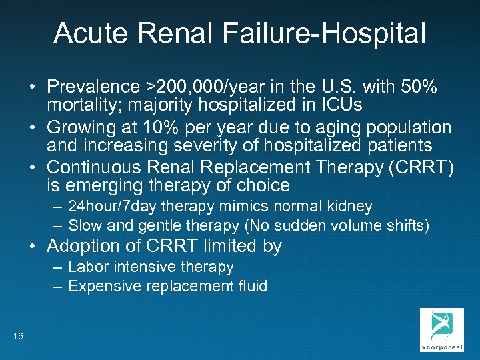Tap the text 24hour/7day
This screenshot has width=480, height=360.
[x=109, y=207]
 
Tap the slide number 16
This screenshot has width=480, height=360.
[x=18, y=336]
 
